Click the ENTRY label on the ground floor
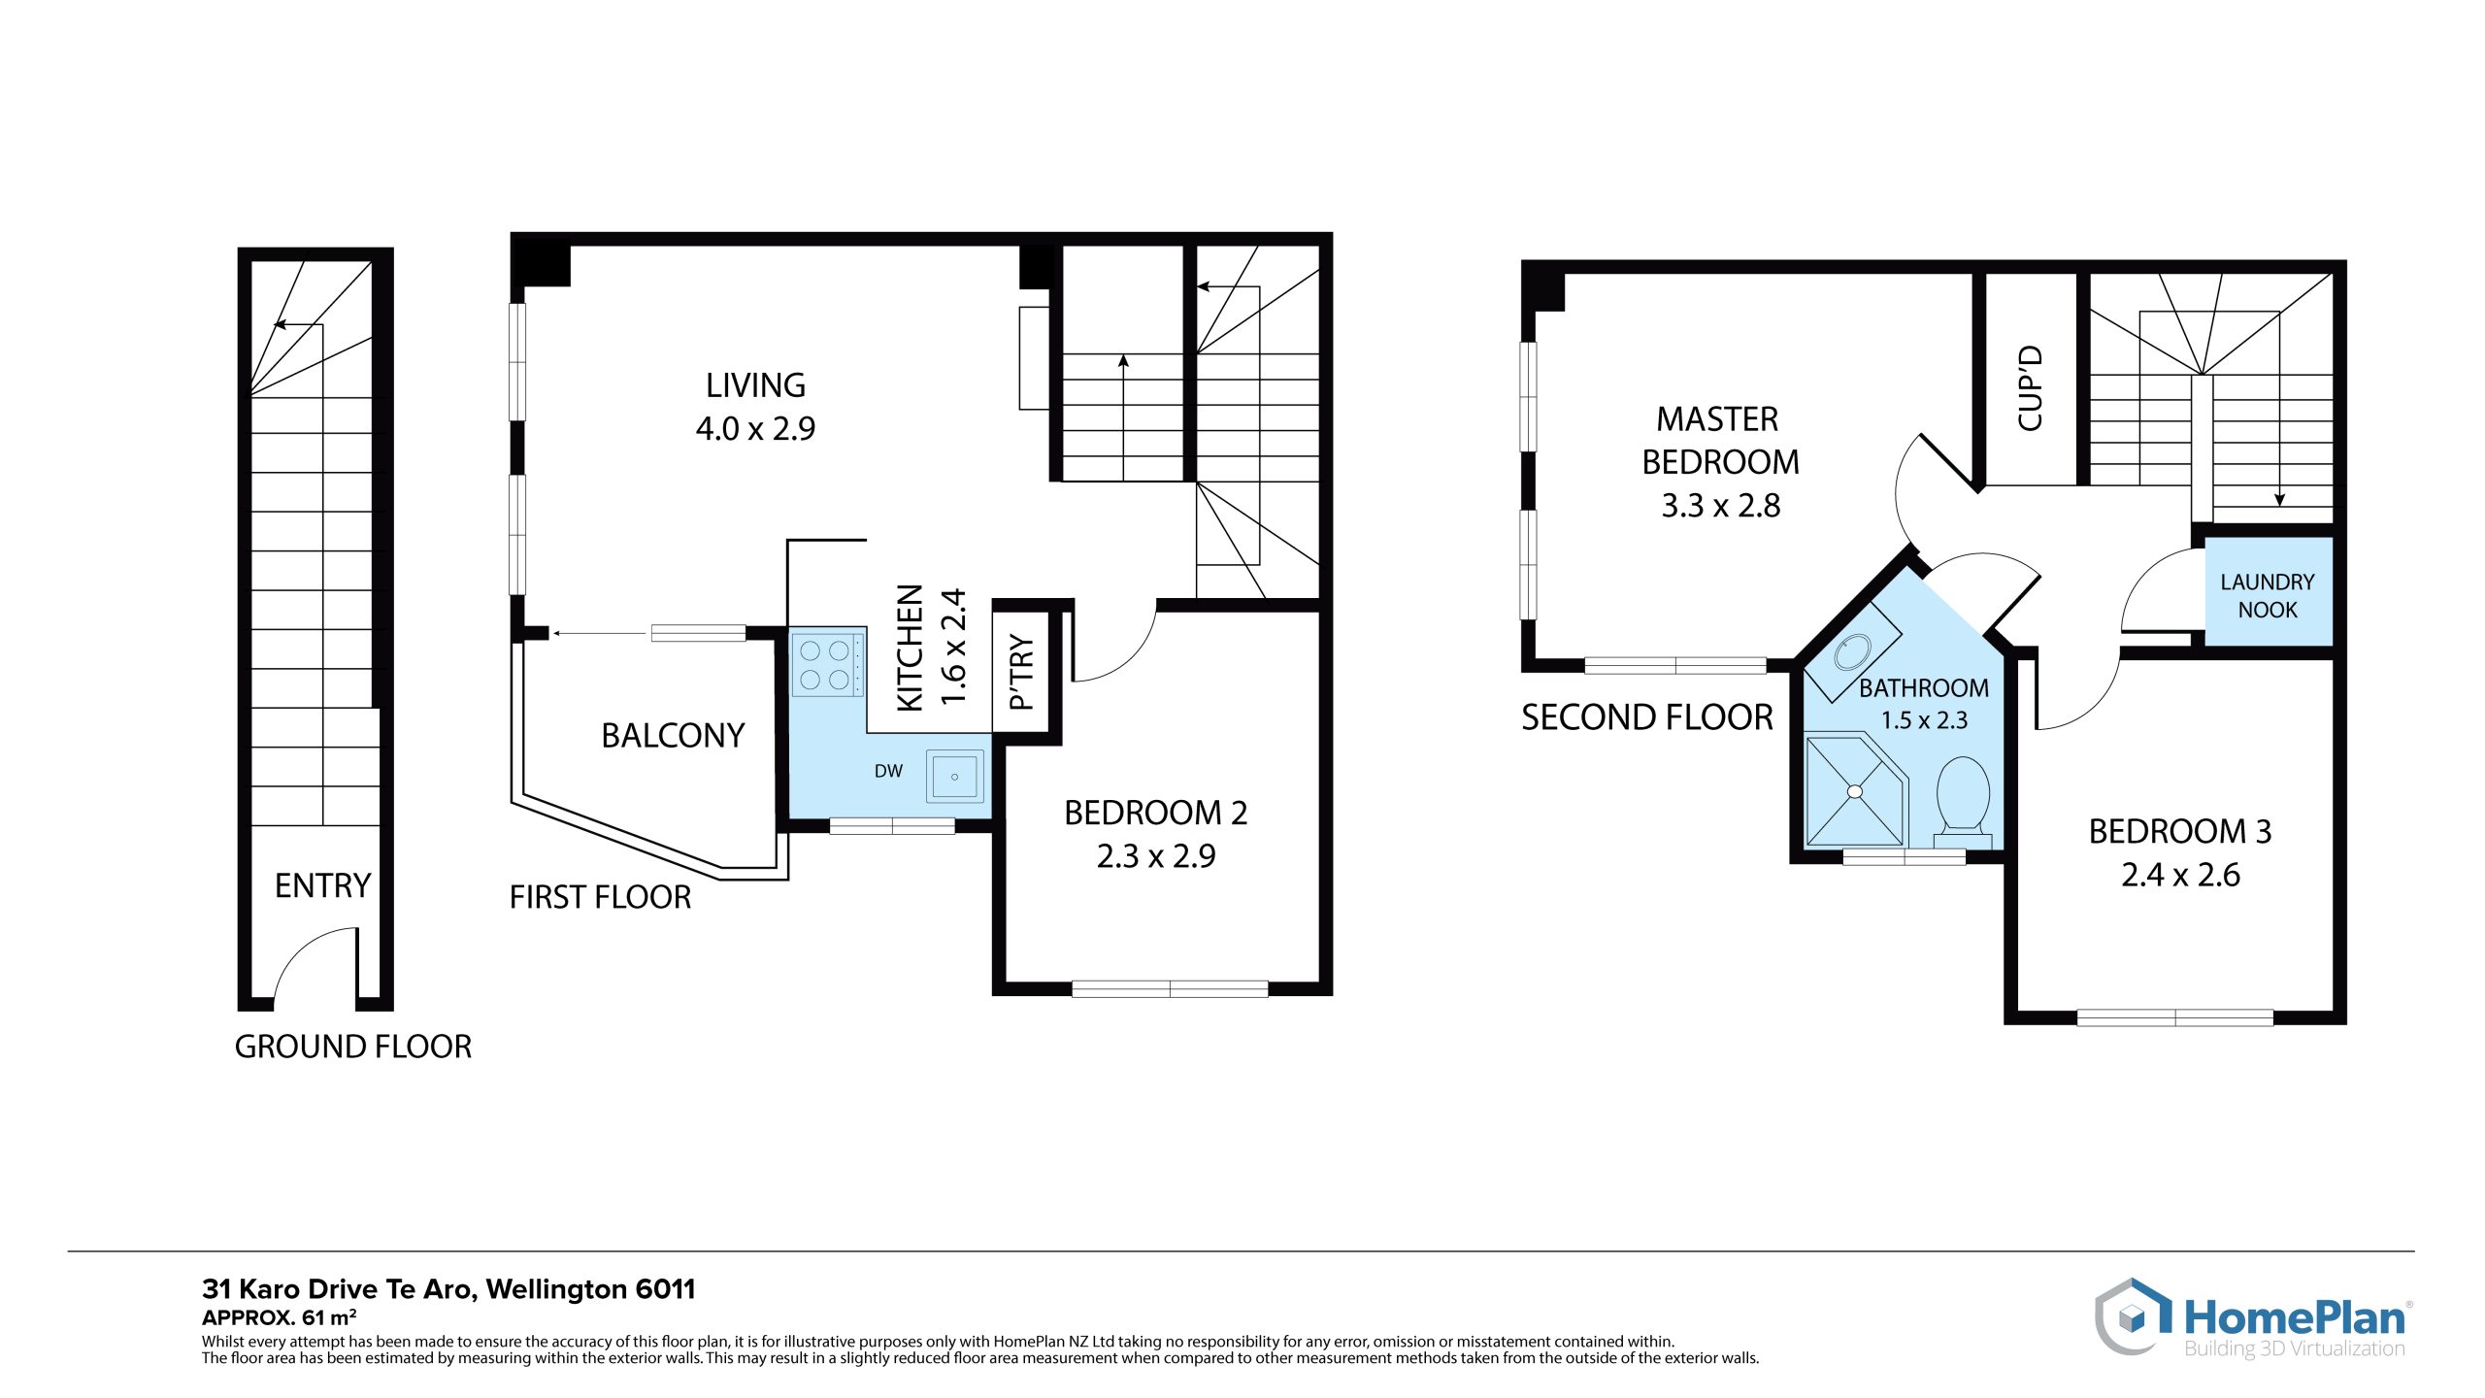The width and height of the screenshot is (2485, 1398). [323, 885]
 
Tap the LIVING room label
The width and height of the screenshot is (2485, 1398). [755, 385]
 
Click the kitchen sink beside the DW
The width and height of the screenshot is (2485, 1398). [955, 777]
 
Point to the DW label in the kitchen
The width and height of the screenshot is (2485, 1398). [888, 771]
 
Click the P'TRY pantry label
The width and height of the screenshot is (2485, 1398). [1022, 672]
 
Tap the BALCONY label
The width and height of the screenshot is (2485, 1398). [673, 735]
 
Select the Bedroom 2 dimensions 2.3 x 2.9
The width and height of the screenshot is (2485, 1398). [1156, 856]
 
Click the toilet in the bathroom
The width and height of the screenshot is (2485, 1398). [1963, 802]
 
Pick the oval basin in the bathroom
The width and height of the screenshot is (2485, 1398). [1853, 652]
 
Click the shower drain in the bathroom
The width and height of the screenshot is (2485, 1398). [1855, 792]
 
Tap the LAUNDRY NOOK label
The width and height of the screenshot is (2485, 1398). [2268, 595]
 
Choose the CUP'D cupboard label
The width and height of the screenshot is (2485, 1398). [2031, 388]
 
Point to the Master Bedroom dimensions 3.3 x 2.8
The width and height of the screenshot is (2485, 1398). [1721, 506]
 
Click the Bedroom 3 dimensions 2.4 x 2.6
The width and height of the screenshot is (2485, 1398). [2180, 875]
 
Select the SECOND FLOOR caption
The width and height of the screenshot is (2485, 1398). [1647, 717]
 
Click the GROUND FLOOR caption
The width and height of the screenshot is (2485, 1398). [353, 1047]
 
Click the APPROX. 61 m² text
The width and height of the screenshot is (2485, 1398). [279, 1317]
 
